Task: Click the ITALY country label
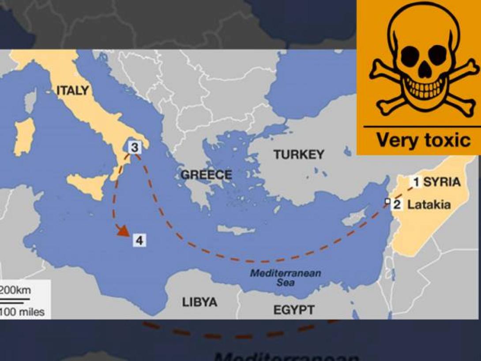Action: coord(72,91)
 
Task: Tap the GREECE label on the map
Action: coord(206,175)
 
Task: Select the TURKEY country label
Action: coord(298,154)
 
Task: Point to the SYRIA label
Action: coord(442,182)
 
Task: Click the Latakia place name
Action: coord(428,205)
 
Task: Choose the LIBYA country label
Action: coord(199,302)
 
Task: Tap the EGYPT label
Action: coord(294,309)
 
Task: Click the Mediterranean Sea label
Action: coord(286,278)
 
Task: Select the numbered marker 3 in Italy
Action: coord(135,147)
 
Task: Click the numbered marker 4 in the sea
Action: coord(139,241)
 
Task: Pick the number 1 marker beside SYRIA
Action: coord(415,181)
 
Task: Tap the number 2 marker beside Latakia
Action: coord(397,204)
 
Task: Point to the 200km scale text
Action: coord(15,291)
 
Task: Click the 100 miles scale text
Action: coord(22,312)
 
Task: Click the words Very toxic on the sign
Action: coord(423,140)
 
